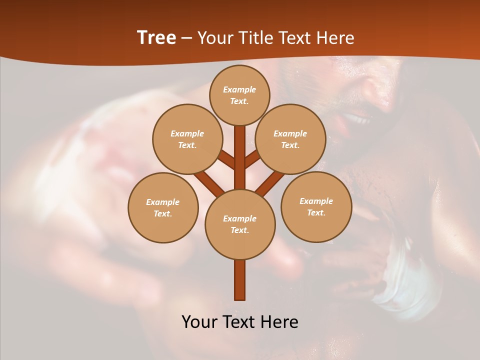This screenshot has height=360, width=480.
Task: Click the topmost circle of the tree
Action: pyautogui.click(x=239, y=95)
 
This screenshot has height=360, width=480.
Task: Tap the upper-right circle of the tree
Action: pyautogui.click(x=290, y=139)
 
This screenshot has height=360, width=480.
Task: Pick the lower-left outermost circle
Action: pyautogui.click(x=163, y=207)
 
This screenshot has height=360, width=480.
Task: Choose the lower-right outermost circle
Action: pyautogui.click(x=316, y=206)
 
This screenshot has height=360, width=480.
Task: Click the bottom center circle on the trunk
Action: pyautogui.click(x=240, y=224)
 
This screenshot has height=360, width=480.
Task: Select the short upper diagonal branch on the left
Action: pyautogui.click(x=226, y=160)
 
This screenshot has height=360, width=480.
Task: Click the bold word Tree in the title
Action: pyautogui.click(x=156, y=37)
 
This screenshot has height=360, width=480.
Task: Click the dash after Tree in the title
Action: pyautogui.click(x=186, y=38)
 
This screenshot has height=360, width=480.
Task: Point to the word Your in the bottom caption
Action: pyautogui.click(x=200, y=322)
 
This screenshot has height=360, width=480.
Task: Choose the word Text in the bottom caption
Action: pyautogui.click(x=239, y=322)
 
